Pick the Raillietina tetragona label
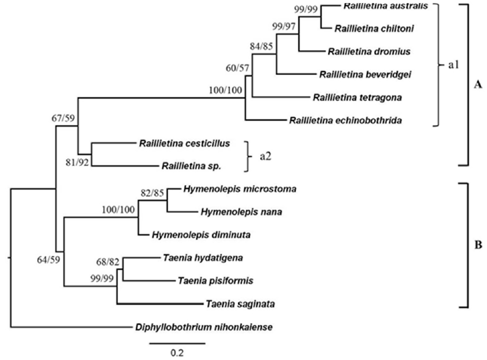pos(357,97)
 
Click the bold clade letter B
pos(478,246)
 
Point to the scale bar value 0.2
pos(177,352)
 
